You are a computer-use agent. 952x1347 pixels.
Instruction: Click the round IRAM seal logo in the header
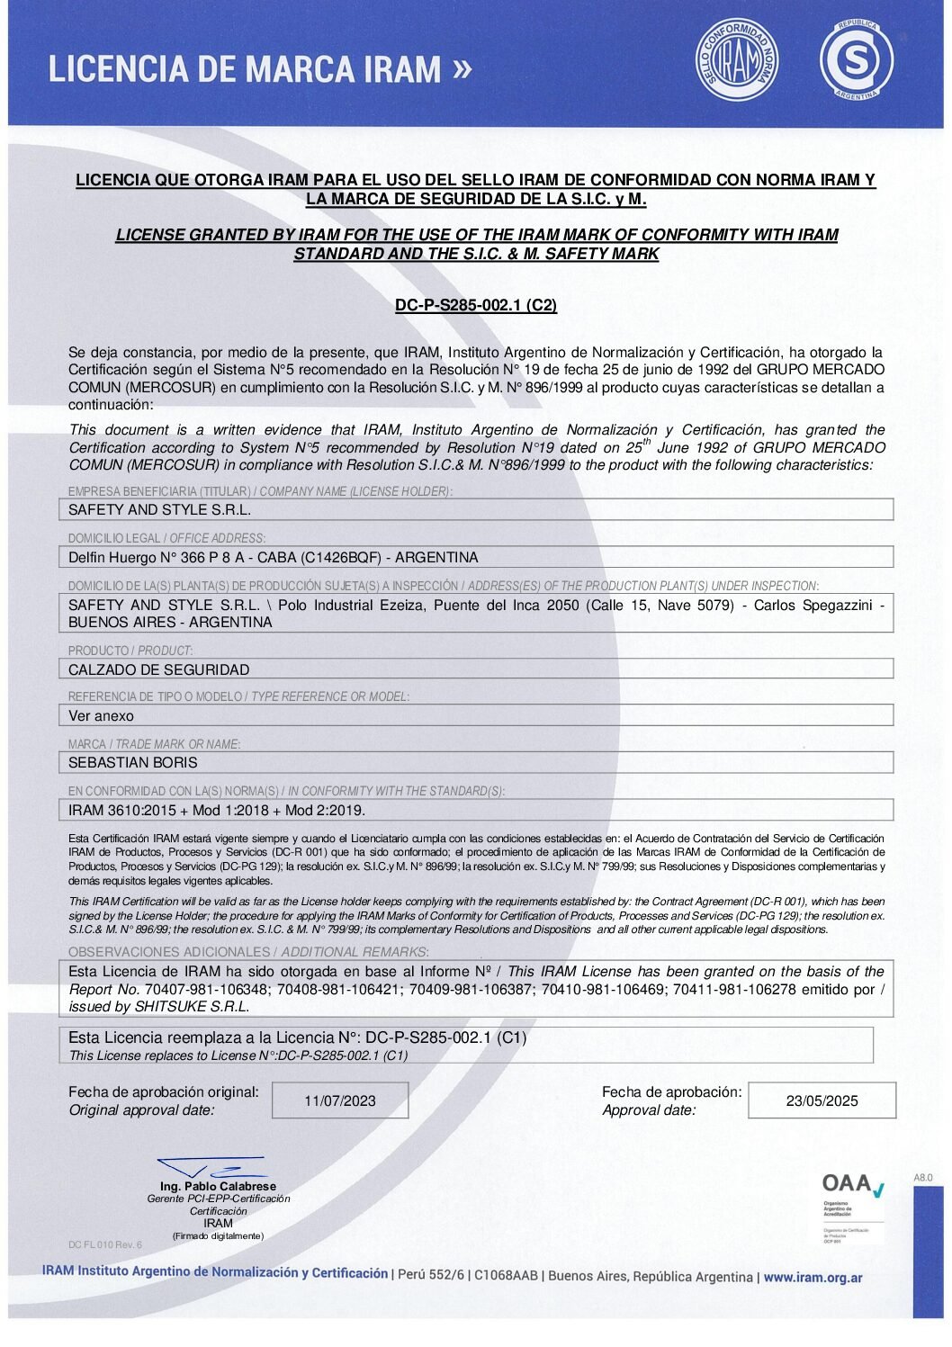pyautogui.click(x=738, y=60)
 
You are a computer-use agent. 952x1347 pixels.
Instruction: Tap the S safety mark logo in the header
pyautogui.click(x=856, y=60)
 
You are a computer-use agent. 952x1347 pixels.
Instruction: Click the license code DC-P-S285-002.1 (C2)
pyautogui.click(x=476, y=305)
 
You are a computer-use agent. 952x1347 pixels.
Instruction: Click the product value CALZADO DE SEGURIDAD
pyautogui.click(x=159, y=669)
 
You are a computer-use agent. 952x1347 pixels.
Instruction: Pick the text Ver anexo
pyautogui.click(x=101, y=716)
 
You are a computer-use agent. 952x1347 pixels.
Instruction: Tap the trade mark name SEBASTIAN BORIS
pyautogui.click(x=133, y=763)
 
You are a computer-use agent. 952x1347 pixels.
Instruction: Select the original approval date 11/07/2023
pyautogui.click(x=340, y=1100)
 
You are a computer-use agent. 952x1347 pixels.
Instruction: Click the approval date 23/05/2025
pyautogui.click(x=822, y=1100)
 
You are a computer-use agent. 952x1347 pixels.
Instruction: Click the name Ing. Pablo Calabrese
pyautogui.click(x=218, y=1186)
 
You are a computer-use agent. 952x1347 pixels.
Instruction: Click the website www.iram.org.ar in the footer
pyautogui.click(x=813, y=1277)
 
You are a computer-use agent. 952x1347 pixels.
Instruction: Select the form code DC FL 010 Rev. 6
pyautogui.click(x=105, y=1244)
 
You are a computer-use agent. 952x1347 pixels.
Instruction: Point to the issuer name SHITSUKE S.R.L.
pyautogui.click(x=192, y=1007)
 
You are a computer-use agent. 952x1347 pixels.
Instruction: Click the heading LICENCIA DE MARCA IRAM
pyautogui.click(x=245, y=69)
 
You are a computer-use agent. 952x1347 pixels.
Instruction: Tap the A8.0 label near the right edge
pyautogui.click(x=923, y=1177)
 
